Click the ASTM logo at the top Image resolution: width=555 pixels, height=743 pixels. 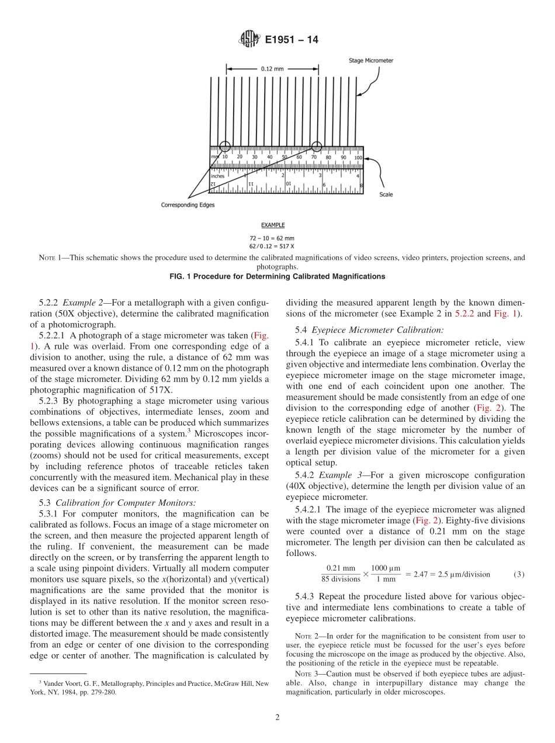pyautogui.click(x=249, y=40)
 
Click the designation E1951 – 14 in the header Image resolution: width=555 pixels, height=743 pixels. pyautogui.click(x=292, y=40)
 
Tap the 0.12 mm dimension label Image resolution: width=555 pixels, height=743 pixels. pyautogui.click(x=272, y=68)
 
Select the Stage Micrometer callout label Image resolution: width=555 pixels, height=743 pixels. pyautogui.click(x=371, y=60)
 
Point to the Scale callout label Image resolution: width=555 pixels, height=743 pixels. pyautogui.click(x=386, y=195)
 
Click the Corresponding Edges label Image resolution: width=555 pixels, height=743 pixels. pyautogui.click(x=188, y=205)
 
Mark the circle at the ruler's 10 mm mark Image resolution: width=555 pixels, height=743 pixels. pyautogui.click(x=224, y=147)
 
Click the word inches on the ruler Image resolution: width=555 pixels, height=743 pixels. pyautogui.click(x=218, y=175)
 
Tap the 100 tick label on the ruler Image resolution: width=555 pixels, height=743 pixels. pyautogui.click(x=358, y=157)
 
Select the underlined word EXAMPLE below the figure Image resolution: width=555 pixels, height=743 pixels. pyautogui.click(x=272, y=225)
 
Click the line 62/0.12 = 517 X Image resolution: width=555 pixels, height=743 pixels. pyautogui.click(x=272, y=245)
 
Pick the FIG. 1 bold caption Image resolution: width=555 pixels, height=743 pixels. pyautogui.click(x=277, y=276)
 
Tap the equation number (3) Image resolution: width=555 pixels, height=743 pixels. pyautogui.click(x=519, y=574)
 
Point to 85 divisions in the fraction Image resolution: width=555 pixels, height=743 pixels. pyautogui.click(x=341, y=579)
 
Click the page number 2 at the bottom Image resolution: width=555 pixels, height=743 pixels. pyautogui.click(x=277, y=717)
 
